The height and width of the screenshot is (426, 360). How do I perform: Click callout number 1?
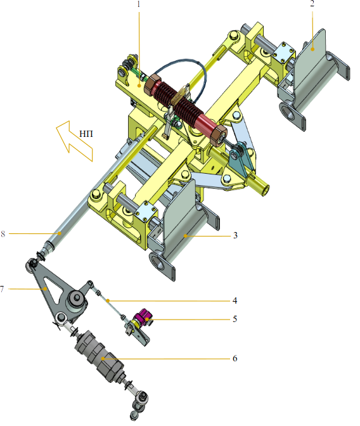tap(139, 4)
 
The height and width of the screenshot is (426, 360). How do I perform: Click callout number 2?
tap(312, 4)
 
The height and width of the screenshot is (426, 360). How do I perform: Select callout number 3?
tap(235, 235)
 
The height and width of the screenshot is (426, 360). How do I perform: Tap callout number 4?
tap(235, 300)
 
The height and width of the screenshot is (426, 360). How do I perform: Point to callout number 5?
tap(235, 319)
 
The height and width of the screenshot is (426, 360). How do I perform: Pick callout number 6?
tap(235, 358)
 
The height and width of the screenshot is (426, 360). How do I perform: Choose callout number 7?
tap(2, 289)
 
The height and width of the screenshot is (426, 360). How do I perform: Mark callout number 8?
tap(3, 234)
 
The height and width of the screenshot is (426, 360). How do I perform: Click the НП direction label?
tap(86, 134)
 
